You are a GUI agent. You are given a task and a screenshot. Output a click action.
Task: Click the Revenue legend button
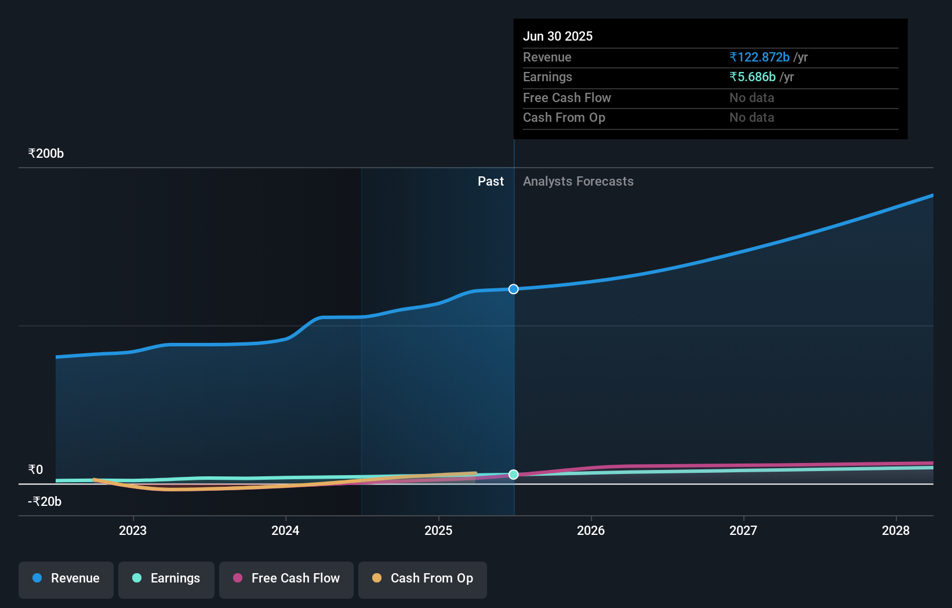coord(66,578)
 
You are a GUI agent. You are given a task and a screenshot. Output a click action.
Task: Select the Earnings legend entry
coord(166,578)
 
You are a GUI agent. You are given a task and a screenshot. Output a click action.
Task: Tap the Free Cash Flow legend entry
coord(286,578)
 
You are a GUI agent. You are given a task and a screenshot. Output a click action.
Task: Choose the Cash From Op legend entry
coord(423,578)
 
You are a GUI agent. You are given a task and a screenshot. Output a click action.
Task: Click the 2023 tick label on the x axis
coord(133,530)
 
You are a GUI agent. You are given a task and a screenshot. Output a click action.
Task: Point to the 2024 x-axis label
coord(285,530)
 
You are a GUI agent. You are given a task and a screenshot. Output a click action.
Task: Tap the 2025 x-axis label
coord(438,530)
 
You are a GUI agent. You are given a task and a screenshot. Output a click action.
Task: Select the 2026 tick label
coord(591,530)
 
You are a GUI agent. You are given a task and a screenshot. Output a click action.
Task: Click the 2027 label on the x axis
coord(743,530)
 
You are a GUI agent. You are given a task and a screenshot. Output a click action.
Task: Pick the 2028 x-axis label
coord(896,530)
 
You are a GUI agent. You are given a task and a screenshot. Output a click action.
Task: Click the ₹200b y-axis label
coord(46,154)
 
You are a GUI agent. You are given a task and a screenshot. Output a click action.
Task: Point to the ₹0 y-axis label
coord(36,469)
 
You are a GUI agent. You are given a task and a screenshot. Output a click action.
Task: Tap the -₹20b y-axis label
coord(45,501)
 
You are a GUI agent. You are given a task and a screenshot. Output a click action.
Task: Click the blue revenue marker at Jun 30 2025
coord(514,289)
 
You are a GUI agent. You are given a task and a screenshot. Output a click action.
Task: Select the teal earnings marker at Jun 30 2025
coord(514,475)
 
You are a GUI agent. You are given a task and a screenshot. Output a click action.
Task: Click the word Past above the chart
coord(490,182)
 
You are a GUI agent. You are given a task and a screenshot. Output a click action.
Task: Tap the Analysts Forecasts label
coord(578,182)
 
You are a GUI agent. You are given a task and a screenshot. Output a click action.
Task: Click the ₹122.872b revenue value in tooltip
coord(760,57)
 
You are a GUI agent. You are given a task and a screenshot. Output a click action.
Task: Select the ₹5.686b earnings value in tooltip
coord(753,77)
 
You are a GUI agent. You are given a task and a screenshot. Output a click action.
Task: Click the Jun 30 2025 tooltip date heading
coord(558,36)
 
